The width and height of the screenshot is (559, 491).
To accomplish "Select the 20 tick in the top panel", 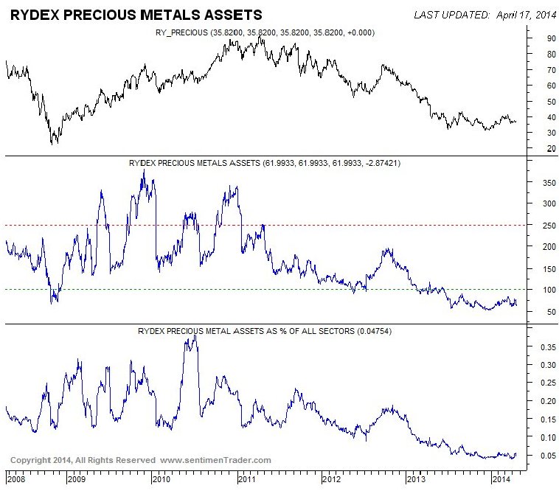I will click(542, 148).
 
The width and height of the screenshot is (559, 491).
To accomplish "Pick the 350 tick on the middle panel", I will click(544, 181).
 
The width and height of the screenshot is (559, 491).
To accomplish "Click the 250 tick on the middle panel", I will click(544, 225).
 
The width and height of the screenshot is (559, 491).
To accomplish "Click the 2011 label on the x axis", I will click(248, 479).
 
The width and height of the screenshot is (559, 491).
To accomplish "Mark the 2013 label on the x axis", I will click(417, 479).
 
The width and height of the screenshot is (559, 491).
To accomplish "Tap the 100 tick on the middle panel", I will click(544, 290).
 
